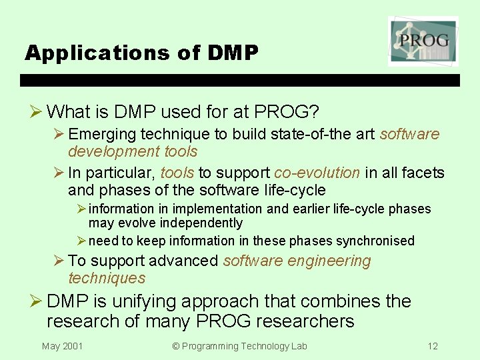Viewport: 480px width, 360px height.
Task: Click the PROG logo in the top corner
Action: pyautogui.click(x=423, y=41)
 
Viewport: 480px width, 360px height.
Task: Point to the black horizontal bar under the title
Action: pyautogui.click(x=240, y=81)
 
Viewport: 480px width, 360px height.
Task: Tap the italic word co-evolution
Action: pyautogui.click(x=317, y=173)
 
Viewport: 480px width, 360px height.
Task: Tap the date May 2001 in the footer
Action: pyautogui.click(x=63, y=346)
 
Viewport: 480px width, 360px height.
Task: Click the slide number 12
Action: pyautogui.click(x=433, y=346)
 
